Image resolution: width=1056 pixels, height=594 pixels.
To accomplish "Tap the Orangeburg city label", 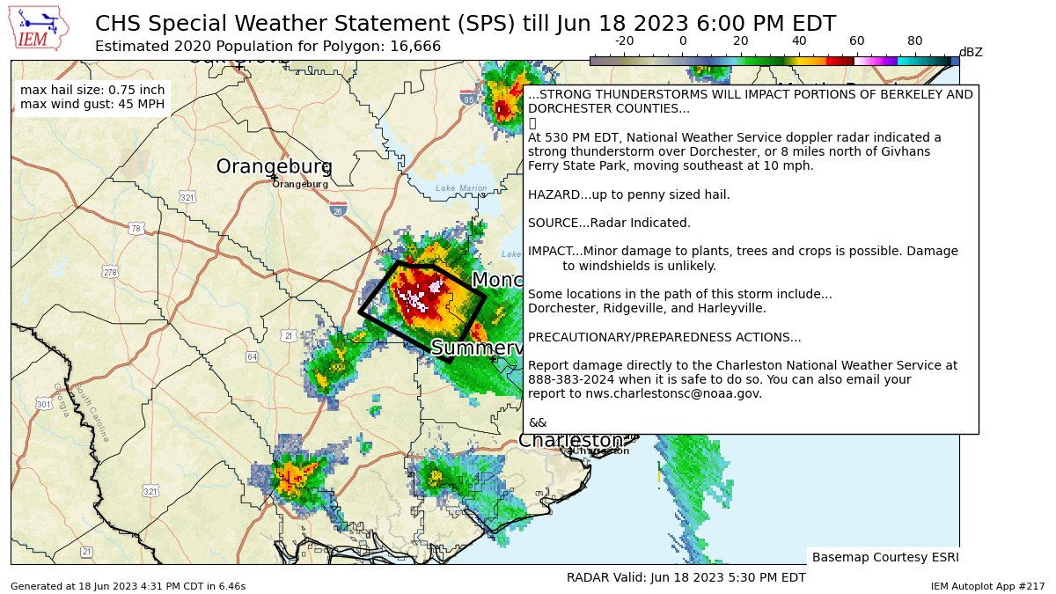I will pyautogui.click(x=274, y=167).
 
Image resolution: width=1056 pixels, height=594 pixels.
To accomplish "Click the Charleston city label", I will pyautogui.click(x=571, y=440).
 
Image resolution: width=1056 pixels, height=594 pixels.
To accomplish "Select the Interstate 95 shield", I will pyautogui.click(x=468, y=99).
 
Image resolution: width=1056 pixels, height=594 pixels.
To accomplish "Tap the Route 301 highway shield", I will pyautogui.click(x=43, y=404).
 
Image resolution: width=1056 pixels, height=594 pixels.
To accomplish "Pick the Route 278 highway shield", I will pyautogui.click(x=109, y=273).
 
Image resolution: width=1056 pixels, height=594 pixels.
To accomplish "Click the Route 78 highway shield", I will pyautogui.click(x=135, y=229).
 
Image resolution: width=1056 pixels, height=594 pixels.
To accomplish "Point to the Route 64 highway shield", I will pyautogui.click(x=252, y=356).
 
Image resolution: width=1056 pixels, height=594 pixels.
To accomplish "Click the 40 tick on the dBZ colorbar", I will pyautogui.click(x=799, y=40).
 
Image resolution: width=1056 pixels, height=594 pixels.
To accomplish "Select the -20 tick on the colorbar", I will pyautogui.click(x=624, y=40).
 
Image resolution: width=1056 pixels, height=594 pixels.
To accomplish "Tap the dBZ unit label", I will pyautogui.click(x=970, y=52).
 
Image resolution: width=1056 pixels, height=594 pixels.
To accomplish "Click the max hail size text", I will pyautogui.click(x=92, y=90).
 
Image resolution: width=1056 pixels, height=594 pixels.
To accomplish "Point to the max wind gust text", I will pyautogui.click(x=92, y=104).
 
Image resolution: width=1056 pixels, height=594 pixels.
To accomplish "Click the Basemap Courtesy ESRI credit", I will pyautogui.click(x=884, y=557).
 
